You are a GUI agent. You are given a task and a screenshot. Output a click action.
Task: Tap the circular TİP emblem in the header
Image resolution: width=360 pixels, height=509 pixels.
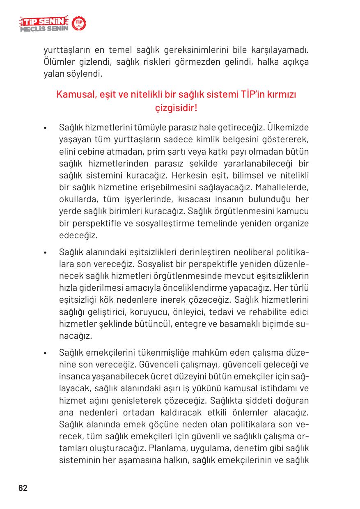(78, 24)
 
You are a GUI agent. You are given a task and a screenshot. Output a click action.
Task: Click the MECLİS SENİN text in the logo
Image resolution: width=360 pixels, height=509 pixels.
(43, 29)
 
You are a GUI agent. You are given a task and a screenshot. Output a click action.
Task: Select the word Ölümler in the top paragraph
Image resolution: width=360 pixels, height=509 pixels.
(58, 63)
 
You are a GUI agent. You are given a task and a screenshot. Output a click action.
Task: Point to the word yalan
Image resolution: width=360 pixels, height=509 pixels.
(53, 74)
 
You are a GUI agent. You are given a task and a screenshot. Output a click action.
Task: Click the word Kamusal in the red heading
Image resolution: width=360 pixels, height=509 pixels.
(73, 95)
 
